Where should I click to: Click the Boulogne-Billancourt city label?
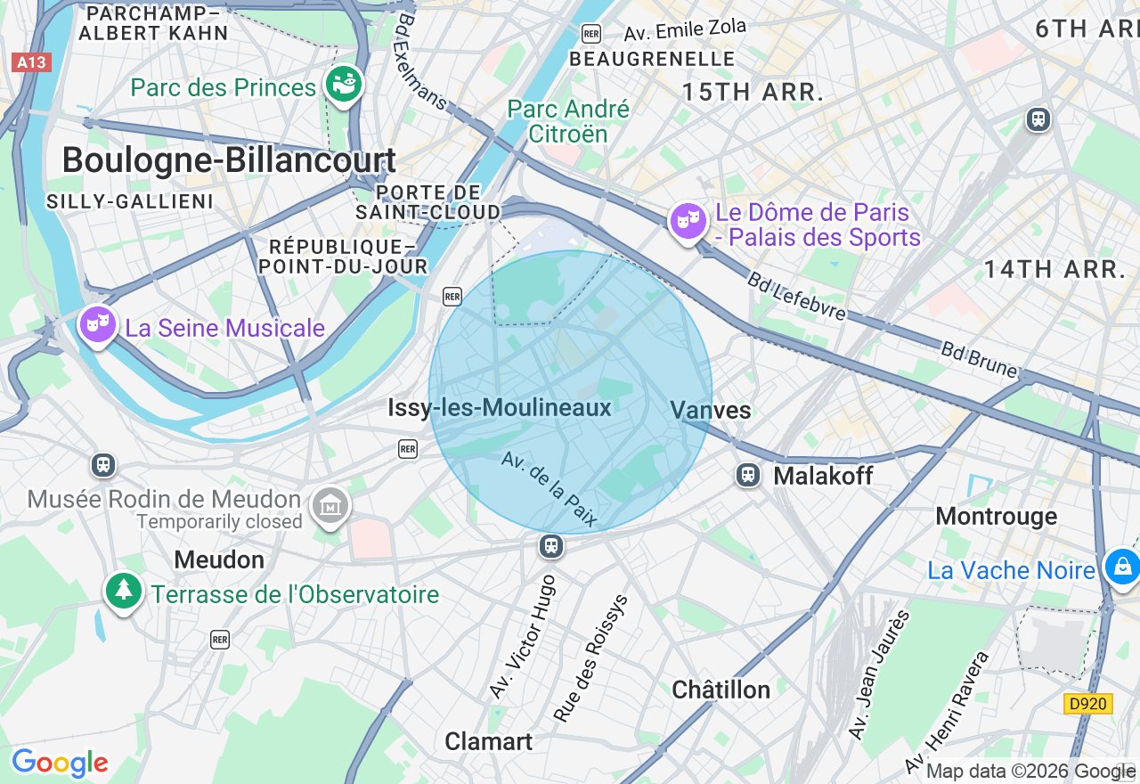tap(229, 160)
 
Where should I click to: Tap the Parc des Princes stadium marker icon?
tap(344, 86)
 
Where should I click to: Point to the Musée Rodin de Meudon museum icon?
tap(330, 507)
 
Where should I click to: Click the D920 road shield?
tap(1088, 704)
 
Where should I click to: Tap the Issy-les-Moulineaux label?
tap(500, 408)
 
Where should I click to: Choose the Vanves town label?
tap(711, 410)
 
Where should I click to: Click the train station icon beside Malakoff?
tap(748, 475)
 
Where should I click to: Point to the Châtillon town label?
tap(721, 690)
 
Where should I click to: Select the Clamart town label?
tap(488, 741)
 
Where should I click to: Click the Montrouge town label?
tap(996, 517)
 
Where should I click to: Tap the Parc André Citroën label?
tap(568, 122)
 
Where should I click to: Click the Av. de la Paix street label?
tap(549, 489)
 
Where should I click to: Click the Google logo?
tap(60, 764)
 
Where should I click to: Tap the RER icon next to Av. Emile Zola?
tap(591, 34)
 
